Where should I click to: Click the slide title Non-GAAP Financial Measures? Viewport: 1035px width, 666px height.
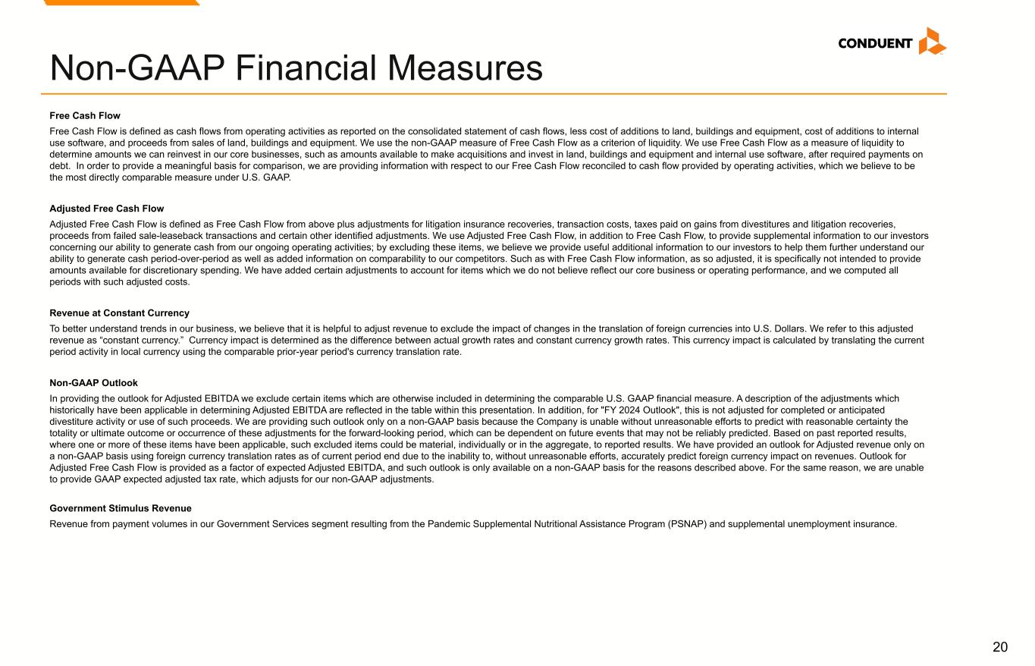click(296, 68)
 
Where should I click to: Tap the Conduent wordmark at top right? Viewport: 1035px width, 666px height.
click(875, 43)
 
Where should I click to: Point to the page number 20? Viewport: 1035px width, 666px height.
click(1000, 646)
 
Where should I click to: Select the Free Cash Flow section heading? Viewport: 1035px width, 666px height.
click(85, 116)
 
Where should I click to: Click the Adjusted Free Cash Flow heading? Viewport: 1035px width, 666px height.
click(106, 209)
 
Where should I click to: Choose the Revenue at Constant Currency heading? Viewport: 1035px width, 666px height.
click(119, 313)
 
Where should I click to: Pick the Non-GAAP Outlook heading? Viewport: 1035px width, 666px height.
click(93, 383)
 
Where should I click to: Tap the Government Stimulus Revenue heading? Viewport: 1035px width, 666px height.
click(121, 508)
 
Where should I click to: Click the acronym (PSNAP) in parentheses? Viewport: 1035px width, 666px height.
click(685, 523)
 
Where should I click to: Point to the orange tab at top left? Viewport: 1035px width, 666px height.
click(121, 2)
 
